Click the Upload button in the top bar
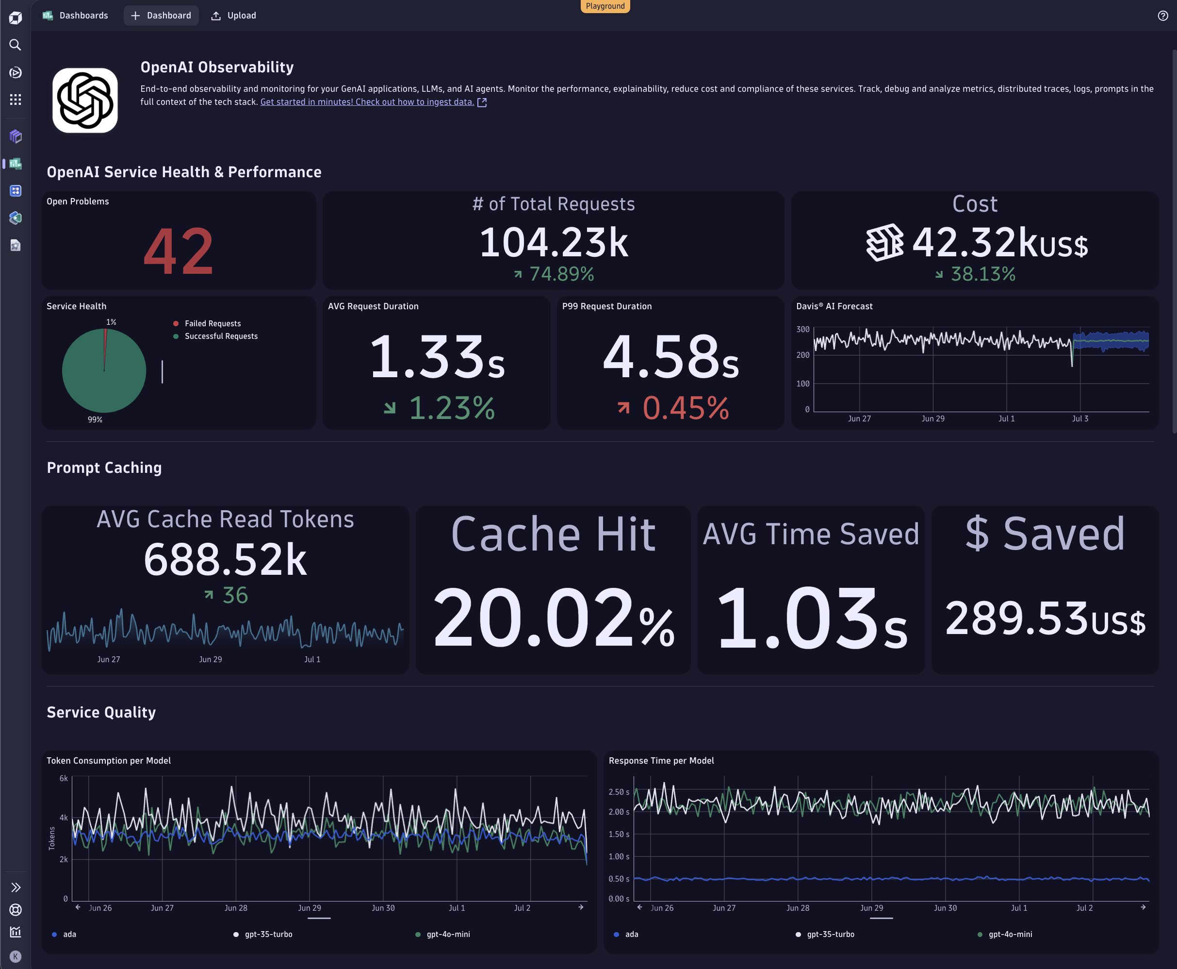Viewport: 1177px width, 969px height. point(234,16)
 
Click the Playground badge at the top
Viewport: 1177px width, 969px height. point(605,6)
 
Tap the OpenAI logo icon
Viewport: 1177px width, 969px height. point(85,100)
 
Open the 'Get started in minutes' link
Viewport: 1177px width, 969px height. point(367,102)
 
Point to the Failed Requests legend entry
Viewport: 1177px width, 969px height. point(213,324)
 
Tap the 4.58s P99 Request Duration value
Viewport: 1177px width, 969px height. point(670,357)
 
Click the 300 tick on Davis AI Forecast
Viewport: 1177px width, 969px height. point(803,329)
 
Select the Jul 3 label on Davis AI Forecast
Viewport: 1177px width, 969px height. point(1080,418)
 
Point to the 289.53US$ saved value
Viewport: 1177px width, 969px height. point(1045,618)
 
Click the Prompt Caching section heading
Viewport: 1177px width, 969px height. point(104,468)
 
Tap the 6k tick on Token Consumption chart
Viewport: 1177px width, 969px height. point(64,779)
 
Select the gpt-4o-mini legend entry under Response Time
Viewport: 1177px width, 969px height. point(1010,935)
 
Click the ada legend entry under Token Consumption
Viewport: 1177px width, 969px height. point(69,935)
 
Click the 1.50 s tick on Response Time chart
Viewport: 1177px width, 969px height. point(619,835)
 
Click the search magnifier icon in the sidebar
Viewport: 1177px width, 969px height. point(15,45)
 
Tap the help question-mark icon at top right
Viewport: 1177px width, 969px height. point(1162,16)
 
